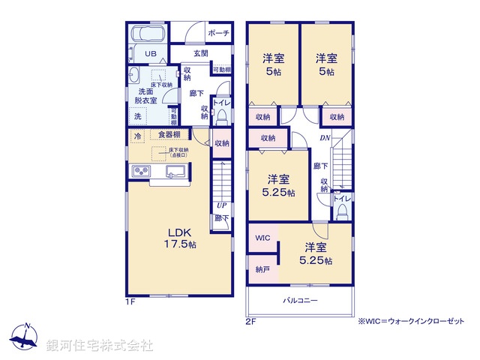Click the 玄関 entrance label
point(200,54)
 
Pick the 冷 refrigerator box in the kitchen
point(138,136)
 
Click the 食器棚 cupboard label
point(169,135)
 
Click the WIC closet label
point(262,238)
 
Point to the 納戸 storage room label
point(262,268)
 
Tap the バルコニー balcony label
point(299,300)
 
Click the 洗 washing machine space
point(137,116)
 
